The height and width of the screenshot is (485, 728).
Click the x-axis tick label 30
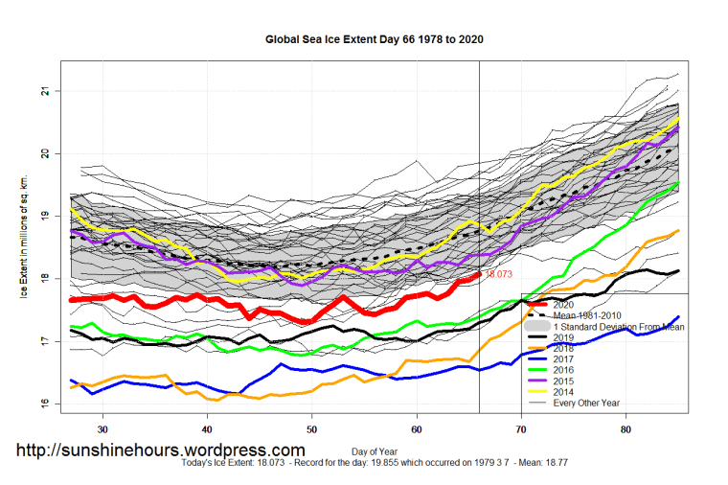(102, 428)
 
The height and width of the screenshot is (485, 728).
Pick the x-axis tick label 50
(311, 428)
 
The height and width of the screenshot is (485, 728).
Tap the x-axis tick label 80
(626, 428)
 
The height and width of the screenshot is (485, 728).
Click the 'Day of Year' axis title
(375, 450)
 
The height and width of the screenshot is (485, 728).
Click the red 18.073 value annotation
(499, 274)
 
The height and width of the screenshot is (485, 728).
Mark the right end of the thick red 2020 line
(478, 275)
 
